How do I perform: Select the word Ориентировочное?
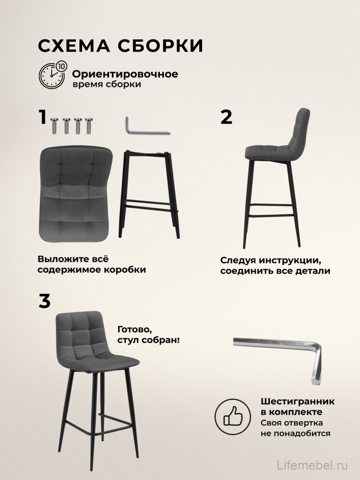coord(125,74)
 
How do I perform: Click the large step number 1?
coord(43,117)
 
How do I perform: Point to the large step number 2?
coord(227,117)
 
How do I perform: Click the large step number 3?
coord(44,301)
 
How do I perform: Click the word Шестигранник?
coord(297,402)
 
